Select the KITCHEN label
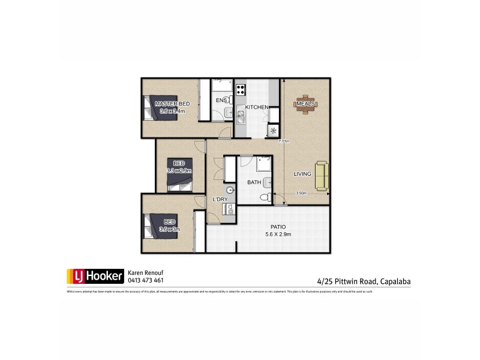point(256,107)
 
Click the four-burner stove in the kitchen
point(241,91)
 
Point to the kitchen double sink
point(241,114)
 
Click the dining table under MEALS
point(305,104)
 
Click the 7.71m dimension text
point(284,142)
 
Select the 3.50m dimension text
point(301,193)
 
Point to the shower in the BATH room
point(263,164)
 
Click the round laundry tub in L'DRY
point(231,191)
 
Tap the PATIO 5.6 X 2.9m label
point(278,230)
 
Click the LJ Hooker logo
point(95,276)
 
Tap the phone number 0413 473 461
point(146,280)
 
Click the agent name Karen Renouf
point(145,272)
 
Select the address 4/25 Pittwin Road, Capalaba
point(364,280)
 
